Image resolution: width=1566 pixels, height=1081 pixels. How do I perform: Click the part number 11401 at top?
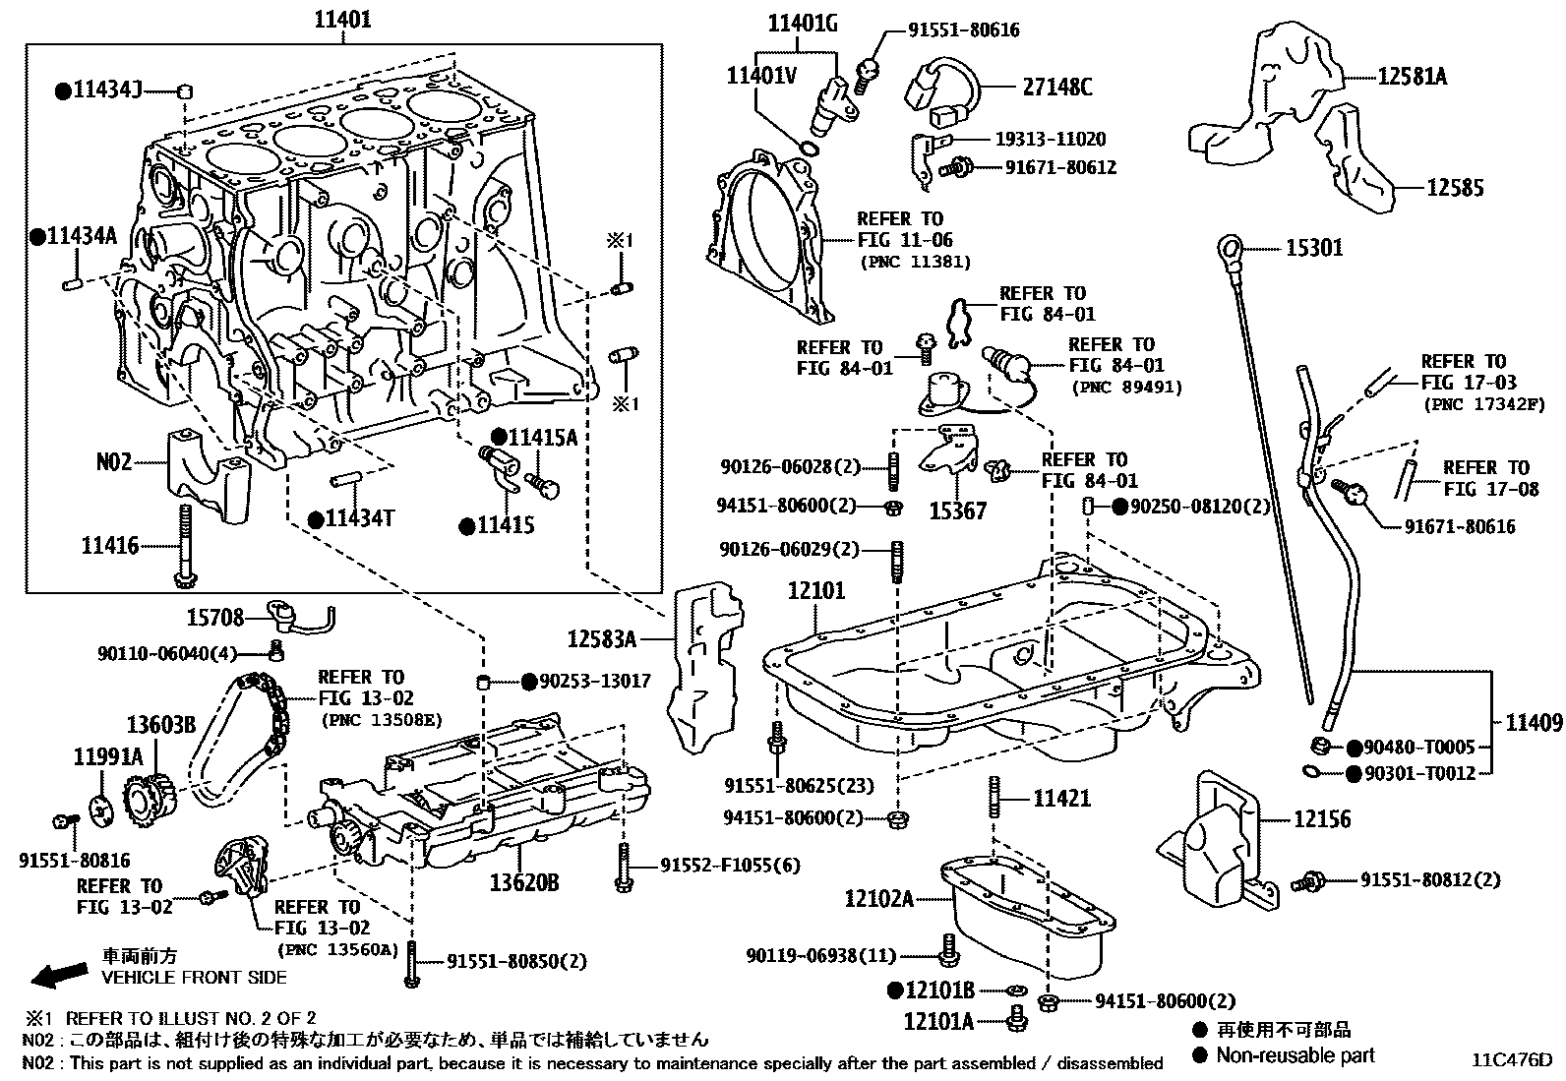(342, 19)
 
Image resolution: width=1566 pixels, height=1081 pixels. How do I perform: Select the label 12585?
(1455, 188)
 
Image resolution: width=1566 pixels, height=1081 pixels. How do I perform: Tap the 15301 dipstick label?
(1314, 248)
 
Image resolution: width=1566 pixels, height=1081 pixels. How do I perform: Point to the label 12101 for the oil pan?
(815, 591)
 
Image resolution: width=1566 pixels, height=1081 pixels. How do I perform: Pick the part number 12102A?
(878, 898)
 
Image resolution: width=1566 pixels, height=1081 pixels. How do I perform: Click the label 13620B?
(524, 882)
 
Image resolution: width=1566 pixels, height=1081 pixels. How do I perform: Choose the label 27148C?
(1057, 88)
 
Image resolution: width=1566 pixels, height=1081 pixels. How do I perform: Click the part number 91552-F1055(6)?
(730, 866)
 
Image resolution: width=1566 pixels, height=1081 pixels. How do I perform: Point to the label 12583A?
(601, 639)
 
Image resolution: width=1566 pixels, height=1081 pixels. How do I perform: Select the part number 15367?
(958, 510)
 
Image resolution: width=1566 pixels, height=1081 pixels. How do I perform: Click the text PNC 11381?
(916, 262)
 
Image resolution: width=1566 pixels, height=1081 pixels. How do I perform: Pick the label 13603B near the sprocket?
(160, 725)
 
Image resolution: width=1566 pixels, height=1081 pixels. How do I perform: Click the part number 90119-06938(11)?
(821, 955)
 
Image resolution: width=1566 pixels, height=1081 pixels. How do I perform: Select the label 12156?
(1322, 818)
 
